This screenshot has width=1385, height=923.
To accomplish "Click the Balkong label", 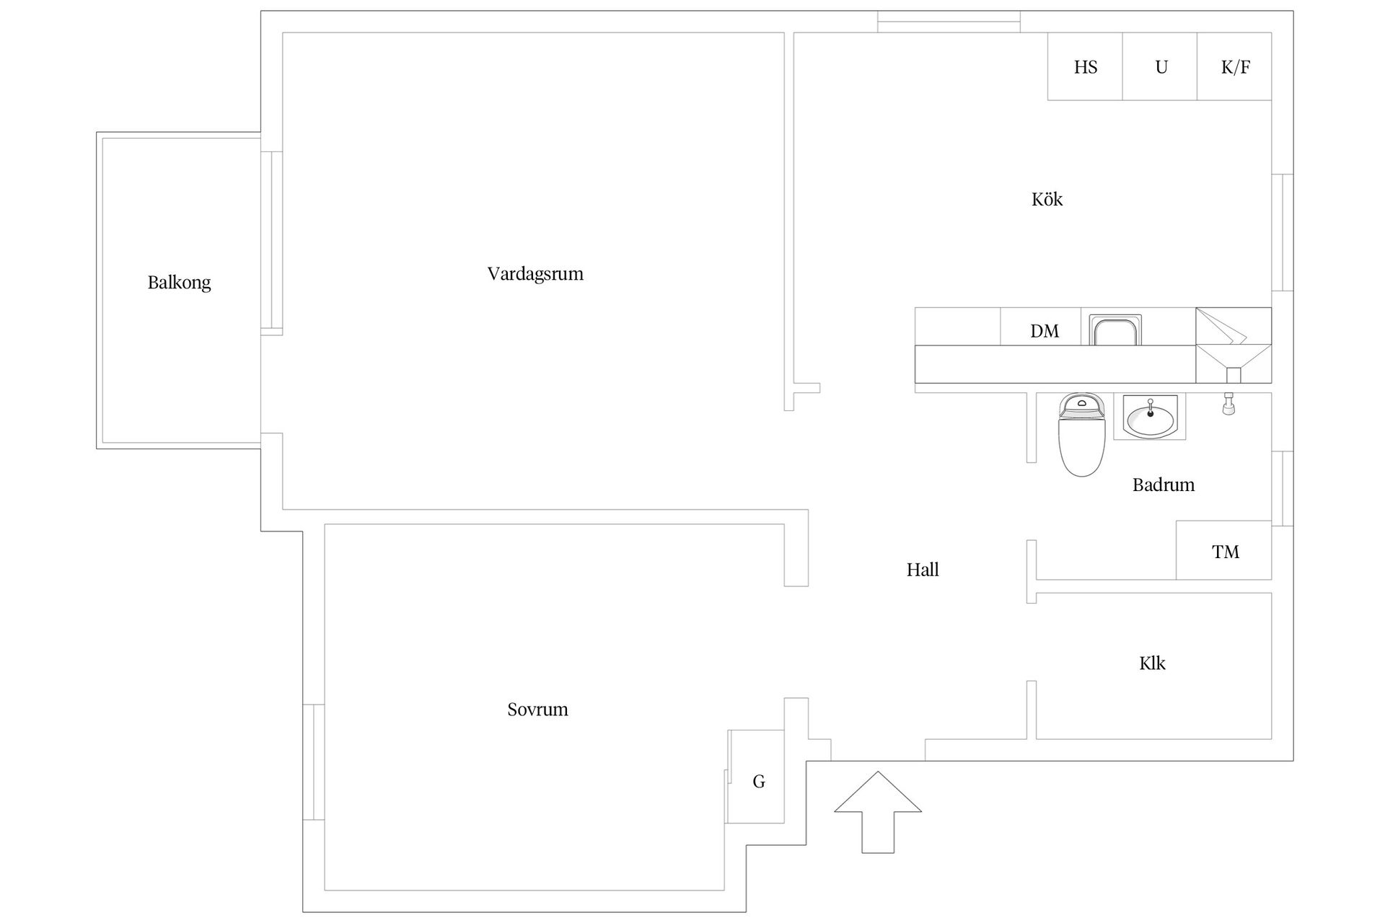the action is click(179, 283).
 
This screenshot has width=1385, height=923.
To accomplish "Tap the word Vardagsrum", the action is click(535, 274).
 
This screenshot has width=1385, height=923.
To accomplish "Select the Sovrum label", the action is click(537, 710).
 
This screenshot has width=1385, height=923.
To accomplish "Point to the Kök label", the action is click(1047, 199).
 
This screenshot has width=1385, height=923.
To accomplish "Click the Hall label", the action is click(923, 570).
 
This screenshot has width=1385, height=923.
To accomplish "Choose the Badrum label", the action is click(1163, 485).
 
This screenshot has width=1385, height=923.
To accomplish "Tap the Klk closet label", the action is click(1152, 663).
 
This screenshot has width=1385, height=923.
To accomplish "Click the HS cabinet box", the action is click(1085, 66).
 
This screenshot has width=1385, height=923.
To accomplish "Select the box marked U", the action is click(1160, 66).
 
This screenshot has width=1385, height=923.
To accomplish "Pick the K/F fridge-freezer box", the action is click(1234, 66).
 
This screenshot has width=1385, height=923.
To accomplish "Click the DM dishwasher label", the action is click(1045, 331).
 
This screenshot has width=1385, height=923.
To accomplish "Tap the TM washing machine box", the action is click(1224, 550).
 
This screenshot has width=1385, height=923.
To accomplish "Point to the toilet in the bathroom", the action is click(1081, 435).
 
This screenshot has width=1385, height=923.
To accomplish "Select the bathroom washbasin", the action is click(1150, 418).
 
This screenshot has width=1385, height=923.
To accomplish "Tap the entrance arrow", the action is click(878, 812).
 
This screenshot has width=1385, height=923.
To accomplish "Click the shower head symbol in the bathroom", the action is click(1228, 404).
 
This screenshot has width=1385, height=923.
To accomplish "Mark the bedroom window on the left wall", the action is click(313, 761).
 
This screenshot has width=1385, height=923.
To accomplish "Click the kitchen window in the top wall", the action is click(949, 22).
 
